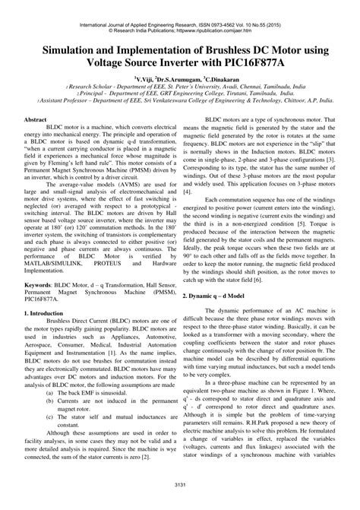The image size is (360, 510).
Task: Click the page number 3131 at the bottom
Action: point(180,484)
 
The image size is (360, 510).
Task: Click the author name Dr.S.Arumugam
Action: point(174,78)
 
